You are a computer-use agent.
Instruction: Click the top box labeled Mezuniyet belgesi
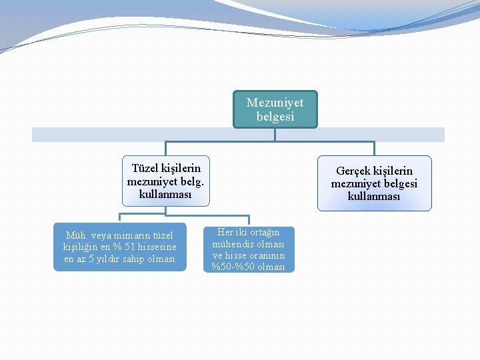(275, 109)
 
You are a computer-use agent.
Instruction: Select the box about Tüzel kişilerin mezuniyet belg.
(165, 181)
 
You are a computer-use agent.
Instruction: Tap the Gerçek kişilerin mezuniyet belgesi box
(374, 183)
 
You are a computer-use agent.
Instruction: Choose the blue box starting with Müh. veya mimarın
(119, 247)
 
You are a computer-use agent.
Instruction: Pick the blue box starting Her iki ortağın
(248, 249)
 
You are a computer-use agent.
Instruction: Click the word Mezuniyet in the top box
(275, 103)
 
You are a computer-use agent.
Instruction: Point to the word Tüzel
(145, 168)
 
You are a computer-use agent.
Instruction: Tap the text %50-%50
(248, 267)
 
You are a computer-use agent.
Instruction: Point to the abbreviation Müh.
(76, 235)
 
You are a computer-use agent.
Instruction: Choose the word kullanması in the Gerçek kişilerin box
(374, 197)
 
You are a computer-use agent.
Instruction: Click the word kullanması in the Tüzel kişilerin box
(165, 194)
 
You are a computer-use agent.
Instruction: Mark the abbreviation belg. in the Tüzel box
(193, 181)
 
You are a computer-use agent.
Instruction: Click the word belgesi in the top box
(275, 117)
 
